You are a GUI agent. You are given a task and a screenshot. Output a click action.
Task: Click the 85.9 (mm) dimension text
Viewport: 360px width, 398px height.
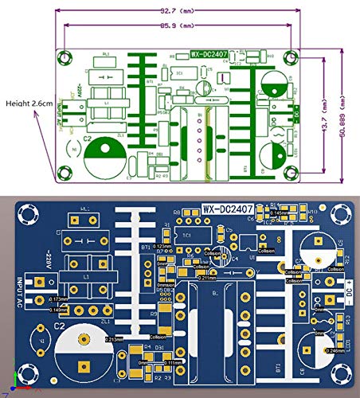click(x=175, y=26)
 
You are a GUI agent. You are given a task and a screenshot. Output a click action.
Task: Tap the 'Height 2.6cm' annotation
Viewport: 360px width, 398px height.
click(x=25, y=103)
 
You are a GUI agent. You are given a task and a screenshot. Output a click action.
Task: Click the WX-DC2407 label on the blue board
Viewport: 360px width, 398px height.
click(x=228, y=209)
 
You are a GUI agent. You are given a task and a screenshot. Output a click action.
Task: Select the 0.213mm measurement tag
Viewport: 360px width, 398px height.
click(x=115, y=338)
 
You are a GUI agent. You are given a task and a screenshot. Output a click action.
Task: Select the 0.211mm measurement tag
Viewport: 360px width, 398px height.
click(x=206, y=278)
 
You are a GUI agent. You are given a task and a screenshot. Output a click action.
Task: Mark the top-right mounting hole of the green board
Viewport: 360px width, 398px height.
click(x=289, y=57)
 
